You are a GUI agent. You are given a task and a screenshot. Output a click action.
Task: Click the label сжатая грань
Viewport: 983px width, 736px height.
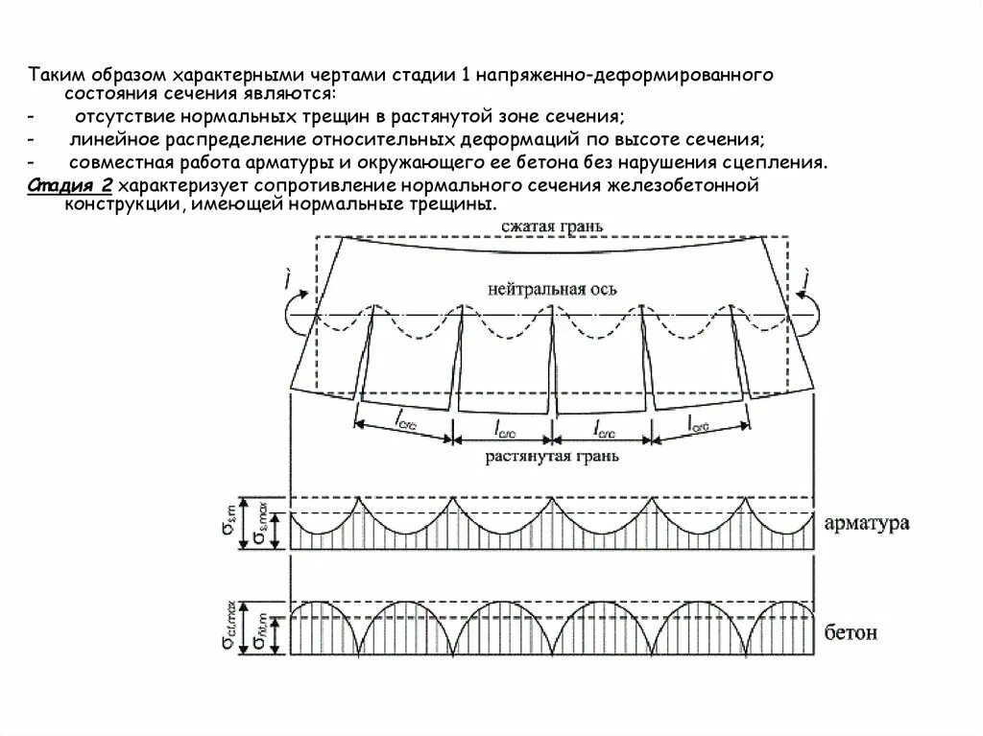[551, 226]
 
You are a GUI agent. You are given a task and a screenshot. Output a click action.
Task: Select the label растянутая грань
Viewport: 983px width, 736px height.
[551, 457]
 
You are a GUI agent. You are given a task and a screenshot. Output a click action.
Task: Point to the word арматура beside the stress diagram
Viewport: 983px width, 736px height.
[867, 524]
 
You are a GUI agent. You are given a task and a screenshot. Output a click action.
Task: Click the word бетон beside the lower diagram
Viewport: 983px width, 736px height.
[851, 633]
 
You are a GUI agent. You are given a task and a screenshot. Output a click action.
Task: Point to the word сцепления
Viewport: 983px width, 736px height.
[778, 161]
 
